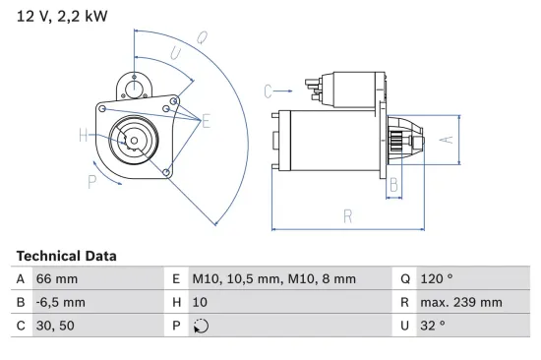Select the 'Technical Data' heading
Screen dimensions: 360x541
[66, 256]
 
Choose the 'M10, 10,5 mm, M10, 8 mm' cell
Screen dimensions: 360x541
[272, 279]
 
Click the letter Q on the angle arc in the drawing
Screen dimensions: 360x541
[201, 38]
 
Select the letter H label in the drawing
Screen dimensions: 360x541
[85, 136]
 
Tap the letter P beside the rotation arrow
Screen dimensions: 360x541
[91, 180]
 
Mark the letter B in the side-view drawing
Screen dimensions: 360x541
[393, 183]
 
